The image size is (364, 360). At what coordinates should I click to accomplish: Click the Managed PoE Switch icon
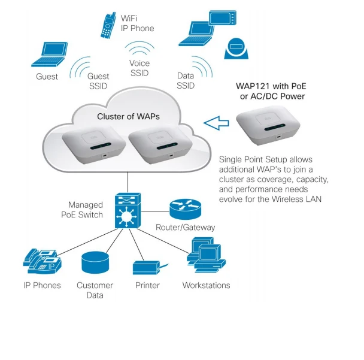(127, 210)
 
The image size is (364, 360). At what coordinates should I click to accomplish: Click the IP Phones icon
(41, 260)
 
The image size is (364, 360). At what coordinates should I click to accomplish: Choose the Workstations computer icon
(205, 256)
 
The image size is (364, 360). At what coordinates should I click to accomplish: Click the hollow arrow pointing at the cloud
(217, 123)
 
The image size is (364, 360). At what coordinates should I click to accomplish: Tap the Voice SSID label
(139, 68)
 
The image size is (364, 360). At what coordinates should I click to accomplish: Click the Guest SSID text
(98, 81)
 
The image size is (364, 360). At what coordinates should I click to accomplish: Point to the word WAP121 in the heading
(253, 86)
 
